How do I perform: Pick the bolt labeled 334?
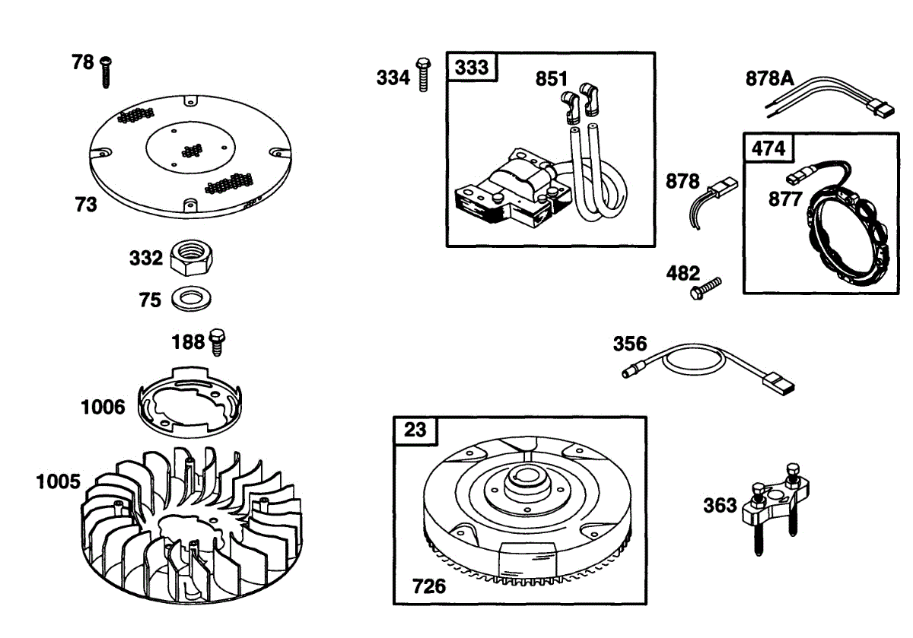(x=423, y=75)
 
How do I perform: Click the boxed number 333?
(x=472, y=67)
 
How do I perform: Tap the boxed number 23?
(x=415, y=430)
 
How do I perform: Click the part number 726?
(x=429, y=586)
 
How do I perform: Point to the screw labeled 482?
(x=705, y=287)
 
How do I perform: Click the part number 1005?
(x=58, y=481)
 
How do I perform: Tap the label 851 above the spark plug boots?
(x=552, y=78)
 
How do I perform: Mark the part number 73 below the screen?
(x=85, y=204)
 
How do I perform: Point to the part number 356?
(x=629, y=344)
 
